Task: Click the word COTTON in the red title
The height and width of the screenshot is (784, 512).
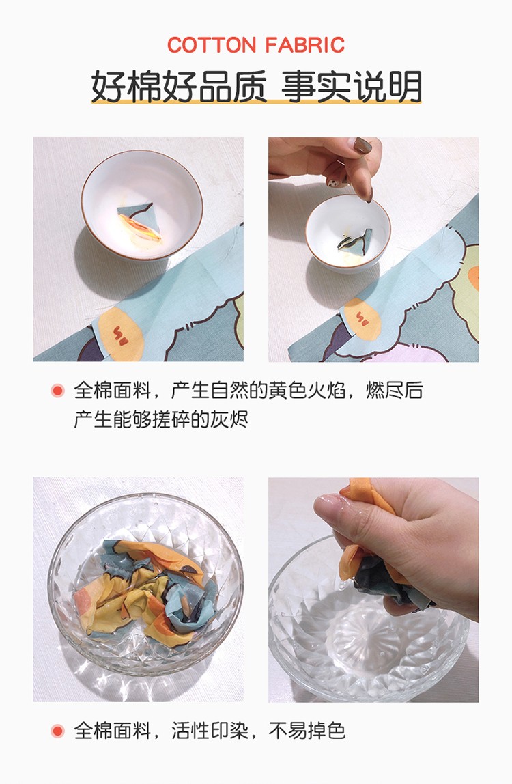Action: tap(212, 45)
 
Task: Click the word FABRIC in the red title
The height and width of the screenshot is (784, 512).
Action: tap(305, 45)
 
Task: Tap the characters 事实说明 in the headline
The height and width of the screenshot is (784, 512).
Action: tap(352, 87)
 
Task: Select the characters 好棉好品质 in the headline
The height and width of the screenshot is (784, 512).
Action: tap(178, 87)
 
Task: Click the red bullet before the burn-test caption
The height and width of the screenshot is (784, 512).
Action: tap(57, 391)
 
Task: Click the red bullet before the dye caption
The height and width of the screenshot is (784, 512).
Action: tap(57, 731)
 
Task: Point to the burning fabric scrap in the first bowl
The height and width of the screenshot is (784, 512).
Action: tap(139, 223)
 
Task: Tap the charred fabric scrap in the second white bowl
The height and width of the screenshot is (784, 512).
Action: tap(355, 240)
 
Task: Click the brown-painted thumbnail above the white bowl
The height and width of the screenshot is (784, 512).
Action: tap(362, 145)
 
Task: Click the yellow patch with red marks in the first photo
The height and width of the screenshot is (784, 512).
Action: tap(121, 333)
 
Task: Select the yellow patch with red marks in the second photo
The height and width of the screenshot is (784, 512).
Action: tap(362, 320)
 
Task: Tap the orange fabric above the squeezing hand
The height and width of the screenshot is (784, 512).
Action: tap(359, 490)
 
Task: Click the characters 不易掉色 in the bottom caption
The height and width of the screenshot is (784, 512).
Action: tap(307, 731)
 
